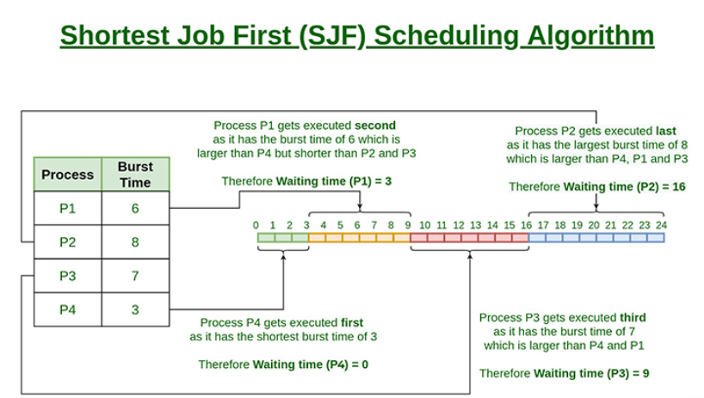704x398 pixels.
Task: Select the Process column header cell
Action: click(x=67, y=175)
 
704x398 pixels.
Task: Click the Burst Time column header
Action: click(x=135, y=175)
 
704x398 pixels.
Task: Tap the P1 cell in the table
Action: click(x=67, y=208)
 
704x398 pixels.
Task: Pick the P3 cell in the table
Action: click(x=67, y=276)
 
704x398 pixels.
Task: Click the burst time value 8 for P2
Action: click(x=135, y=242)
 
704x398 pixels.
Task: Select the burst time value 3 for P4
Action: click(x=135, y=309)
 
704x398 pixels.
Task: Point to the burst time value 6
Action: click(x=135, y=208)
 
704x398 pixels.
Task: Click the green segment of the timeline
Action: click(x=282, y=237)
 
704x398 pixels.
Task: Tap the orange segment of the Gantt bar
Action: click(x=359, y=237)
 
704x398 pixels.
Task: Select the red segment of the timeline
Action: click(x=469, y=237)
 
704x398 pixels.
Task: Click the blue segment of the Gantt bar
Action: click(x=596, y=237)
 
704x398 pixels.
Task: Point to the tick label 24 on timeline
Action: click(x=661, y=224)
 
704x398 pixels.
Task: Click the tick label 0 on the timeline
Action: click(x=256, y=224)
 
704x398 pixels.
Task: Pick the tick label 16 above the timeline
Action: click(x=526, y=224)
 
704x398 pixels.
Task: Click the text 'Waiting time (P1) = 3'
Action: click(x=332, y=181)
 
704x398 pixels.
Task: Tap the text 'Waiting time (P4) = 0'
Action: click(x=310, y=364)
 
